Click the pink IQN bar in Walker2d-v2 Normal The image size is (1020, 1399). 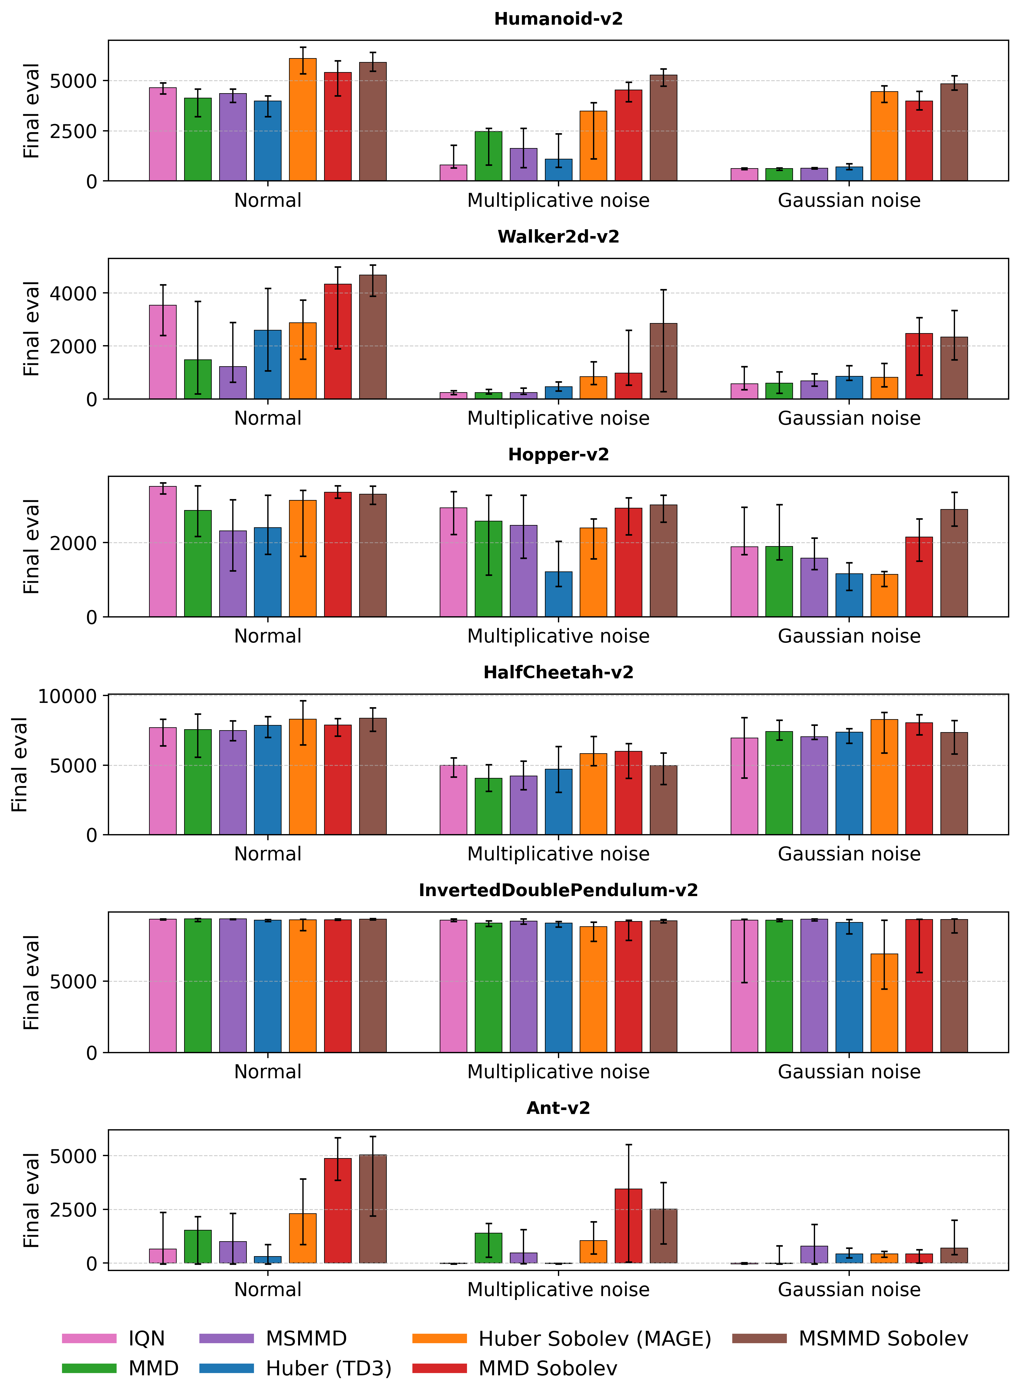click(x=162, y=352)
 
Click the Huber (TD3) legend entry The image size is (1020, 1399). click(x=329, y=1369)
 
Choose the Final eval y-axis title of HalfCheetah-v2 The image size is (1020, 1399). click(x=20, y=765)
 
